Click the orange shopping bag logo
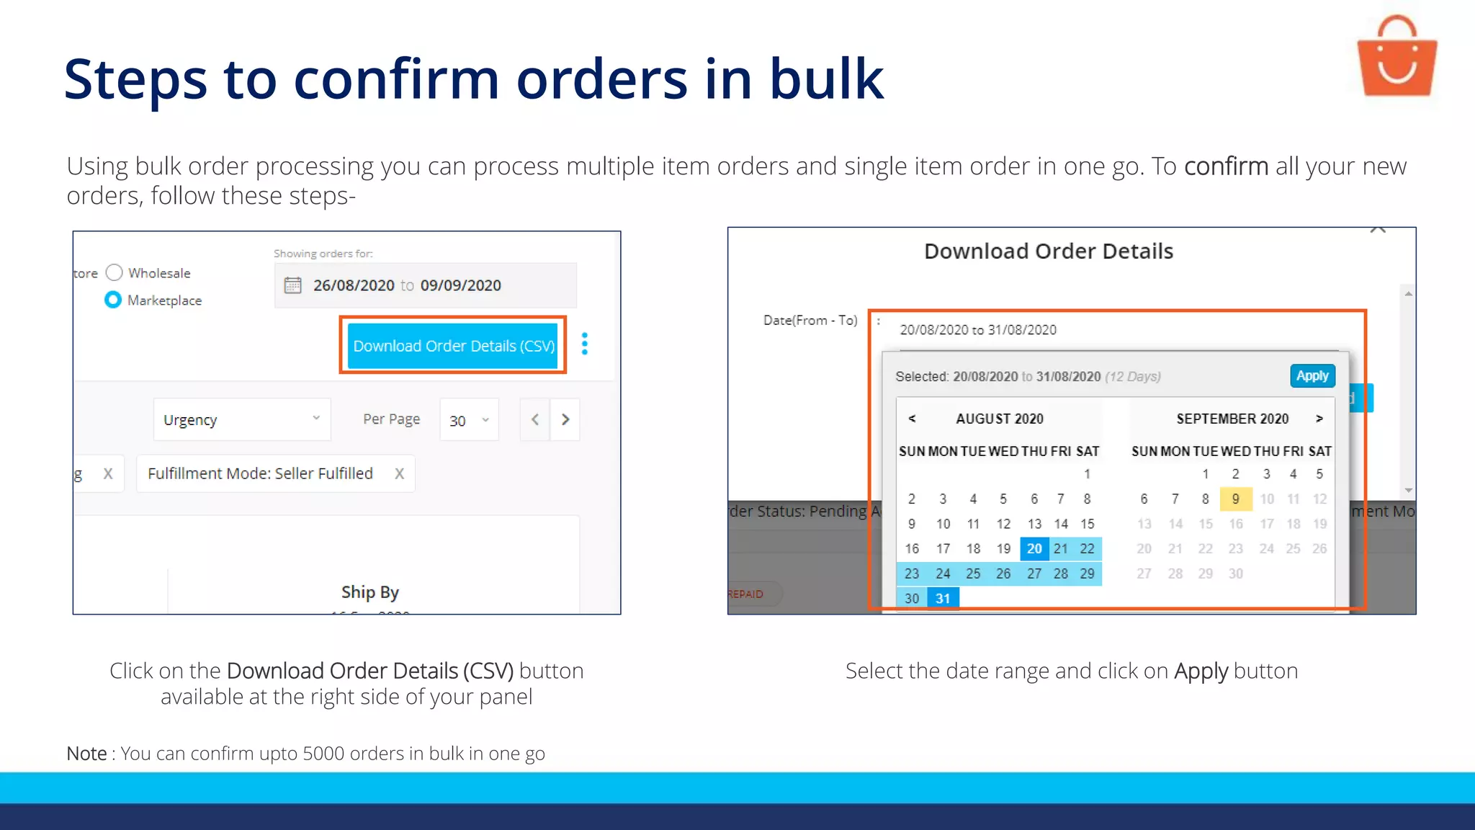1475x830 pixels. coord(1396,58)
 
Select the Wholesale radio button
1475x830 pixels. coord(115,272)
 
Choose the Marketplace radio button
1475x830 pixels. coord(113,300)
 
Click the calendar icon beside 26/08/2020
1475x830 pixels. coord(292,285)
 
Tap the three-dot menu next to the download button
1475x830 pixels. coord(585,344)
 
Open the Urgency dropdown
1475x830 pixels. coord(241,419)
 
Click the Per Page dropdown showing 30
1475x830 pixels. coord(469,420)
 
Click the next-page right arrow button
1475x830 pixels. coord(565,419)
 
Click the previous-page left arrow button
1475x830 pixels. coord(535,419)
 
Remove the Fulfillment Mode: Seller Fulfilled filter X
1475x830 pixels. coord(399,473)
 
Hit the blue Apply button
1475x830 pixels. coord(1312,376)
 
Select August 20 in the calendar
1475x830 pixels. coord(1034,548)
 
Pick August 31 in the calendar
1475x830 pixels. coord(943,598)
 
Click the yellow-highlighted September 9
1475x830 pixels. coord(1235,499)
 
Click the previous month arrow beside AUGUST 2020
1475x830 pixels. coord(912,419)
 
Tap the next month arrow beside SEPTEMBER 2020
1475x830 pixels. coord(1319,419)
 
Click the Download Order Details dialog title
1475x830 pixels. coord(1048,251)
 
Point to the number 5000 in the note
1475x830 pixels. coord(323,754)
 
